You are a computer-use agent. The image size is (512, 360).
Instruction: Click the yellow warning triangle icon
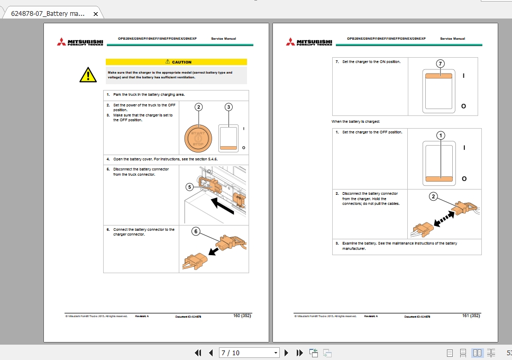pos(88,76)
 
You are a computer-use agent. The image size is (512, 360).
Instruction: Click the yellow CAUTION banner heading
pos(176,62)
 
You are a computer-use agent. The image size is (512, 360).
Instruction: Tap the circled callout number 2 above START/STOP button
pos(198,107)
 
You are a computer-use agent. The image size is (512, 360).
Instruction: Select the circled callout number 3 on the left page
pos(228,107)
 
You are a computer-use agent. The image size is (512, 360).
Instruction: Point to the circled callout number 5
pos(189,186)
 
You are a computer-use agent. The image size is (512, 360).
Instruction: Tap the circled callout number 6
pos(196,231)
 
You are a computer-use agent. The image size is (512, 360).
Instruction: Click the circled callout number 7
pos(440,64)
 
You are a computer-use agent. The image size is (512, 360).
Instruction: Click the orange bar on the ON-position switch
pos(438,76)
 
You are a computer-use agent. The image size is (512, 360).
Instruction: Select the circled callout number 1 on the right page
pos(441,135)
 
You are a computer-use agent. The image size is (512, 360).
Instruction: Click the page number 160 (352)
pos(242,316)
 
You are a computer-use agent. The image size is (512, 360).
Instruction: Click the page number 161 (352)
pos(471,316)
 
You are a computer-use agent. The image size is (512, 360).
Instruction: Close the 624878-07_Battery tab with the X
pos(95,14)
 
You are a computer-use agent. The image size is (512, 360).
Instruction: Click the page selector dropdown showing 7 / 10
pos(249,353)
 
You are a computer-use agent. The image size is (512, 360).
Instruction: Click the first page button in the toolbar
pos(198,353)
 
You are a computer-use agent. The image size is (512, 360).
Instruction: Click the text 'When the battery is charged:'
pos(355,122)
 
